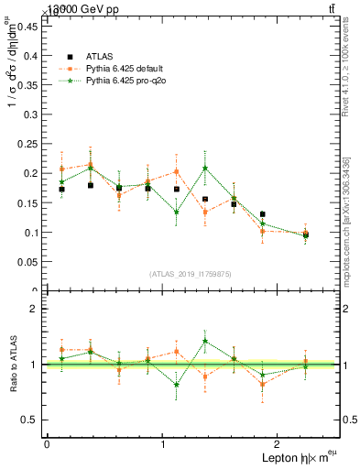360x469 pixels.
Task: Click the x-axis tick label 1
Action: (x=163, y=444)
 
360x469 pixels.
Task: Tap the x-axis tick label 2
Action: (x=279, y=444)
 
